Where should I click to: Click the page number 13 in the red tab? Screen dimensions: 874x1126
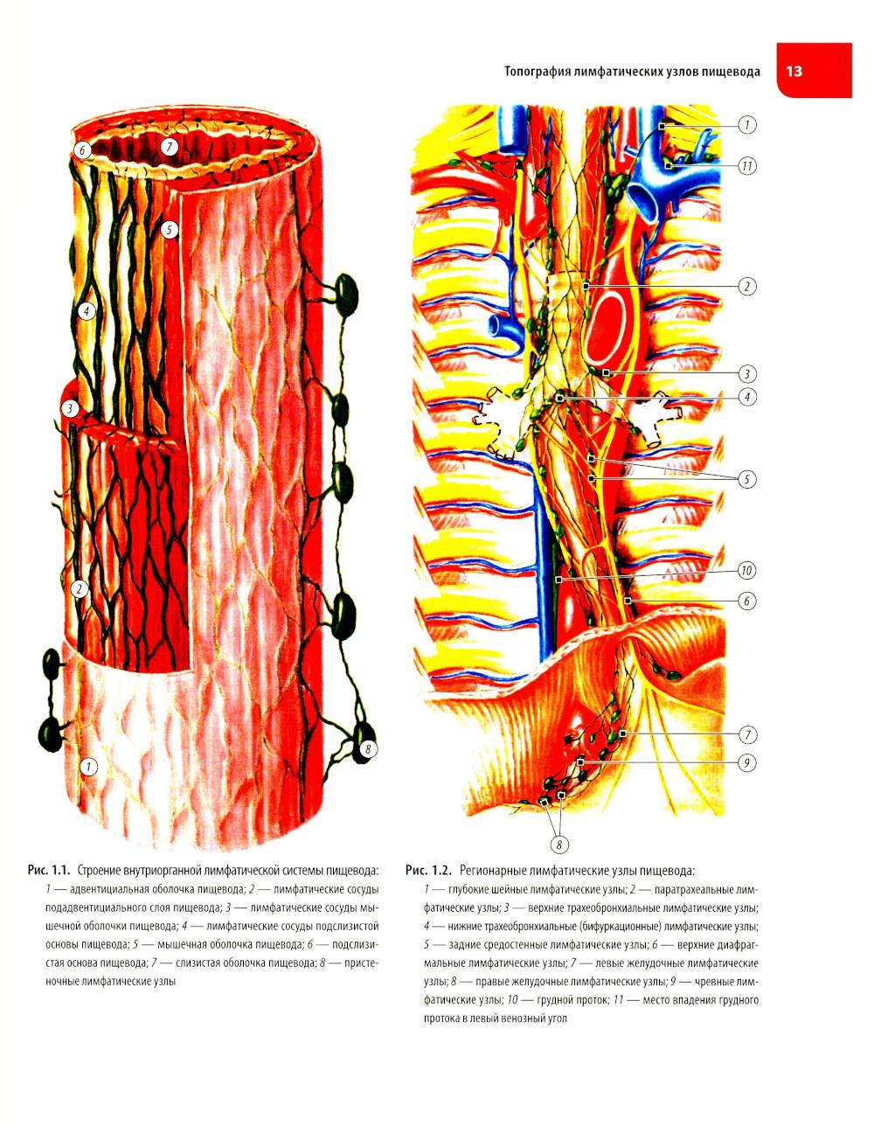(794, 71)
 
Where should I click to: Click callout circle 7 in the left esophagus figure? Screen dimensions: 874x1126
(169, 147)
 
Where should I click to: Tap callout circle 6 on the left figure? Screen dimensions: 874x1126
(82, 150)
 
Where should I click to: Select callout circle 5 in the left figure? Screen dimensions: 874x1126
(169, 229)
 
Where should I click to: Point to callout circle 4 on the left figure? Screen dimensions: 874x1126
(87, 311)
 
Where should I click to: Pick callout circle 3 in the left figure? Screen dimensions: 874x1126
(70, 408)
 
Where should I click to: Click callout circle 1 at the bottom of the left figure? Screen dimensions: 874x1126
(88, 767)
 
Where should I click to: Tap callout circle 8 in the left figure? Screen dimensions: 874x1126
(368, 748)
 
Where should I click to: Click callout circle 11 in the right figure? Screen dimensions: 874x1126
(746, 166)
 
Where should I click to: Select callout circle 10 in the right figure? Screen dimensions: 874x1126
(746, 571)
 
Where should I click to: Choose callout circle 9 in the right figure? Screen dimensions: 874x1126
(746, 762)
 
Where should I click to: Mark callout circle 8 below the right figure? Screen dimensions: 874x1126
(559, 845)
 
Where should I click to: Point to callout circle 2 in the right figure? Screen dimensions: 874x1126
(746, 286)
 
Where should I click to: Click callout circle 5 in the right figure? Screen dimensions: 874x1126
(746, 479)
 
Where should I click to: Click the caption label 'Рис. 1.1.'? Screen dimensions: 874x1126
(49, 868)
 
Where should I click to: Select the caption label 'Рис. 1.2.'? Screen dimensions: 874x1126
(429, 868)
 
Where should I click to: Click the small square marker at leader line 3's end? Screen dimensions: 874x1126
(606, 372)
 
